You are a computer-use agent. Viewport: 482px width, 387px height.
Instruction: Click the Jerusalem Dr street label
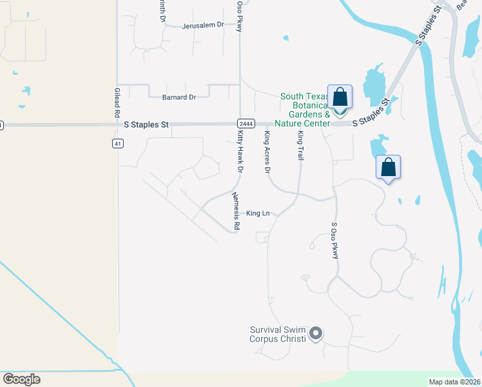202,25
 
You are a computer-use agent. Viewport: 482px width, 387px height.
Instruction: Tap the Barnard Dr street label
180,97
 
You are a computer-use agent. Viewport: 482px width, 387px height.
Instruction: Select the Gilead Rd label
117,102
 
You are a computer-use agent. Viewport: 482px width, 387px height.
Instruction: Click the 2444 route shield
245,124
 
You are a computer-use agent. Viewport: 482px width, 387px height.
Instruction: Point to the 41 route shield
117,143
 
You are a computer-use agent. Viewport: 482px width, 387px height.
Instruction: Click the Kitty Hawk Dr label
240,151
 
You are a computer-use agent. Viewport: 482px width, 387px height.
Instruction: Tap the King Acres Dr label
267,152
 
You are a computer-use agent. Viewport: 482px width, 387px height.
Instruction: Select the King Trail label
300,146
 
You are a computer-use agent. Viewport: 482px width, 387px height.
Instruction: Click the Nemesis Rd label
236,212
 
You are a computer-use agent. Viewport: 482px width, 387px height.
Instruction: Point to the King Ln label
258,213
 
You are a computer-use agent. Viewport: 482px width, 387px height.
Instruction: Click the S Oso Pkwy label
334,241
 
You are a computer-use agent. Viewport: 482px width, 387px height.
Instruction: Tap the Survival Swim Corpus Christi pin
315,333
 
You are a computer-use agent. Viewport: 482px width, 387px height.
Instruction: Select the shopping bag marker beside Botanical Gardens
340,98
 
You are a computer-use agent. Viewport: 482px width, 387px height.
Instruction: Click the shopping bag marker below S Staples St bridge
388,168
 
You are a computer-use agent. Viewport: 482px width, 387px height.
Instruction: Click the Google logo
21,379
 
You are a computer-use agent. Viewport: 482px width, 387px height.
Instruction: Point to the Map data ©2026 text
454,382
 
